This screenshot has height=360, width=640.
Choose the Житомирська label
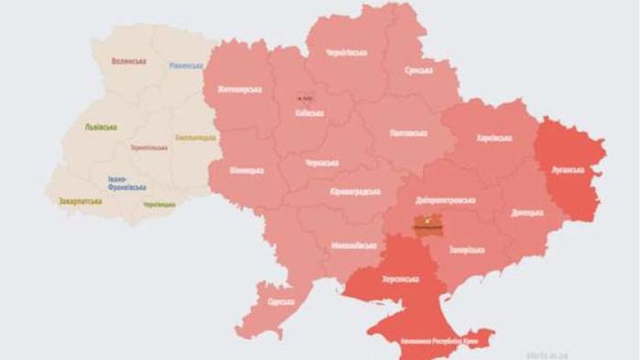pyautogui.click(x=240, y=90)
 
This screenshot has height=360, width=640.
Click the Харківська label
pyautogui.click(x=494, y=138)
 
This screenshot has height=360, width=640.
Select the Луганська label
pyautogui.click(x=573, y=169)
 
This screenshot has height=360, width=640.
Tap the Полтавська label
pyautogui.click(x=409, y=134)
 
